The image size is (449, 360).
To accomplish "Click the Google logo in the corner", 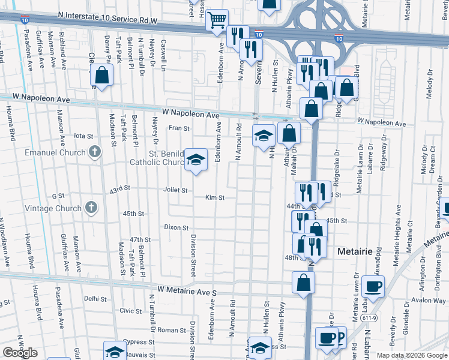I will click(20, 352).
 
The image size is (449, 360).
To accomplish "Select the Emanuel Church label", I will click(56, 152).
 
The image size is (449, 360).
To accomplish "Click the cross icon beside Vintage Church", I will click(91, 208).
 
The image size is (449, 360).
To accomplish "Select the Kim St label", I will click(214, 197).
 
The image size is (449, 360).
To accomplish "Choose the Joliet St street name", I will click(175, 190).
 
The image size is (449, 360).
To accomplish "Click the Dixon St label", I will click(176, 228).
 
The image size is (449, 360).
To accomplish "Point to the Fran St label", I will click(179, 128).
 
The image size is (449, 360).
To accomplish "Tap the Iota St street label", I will click(82, 136).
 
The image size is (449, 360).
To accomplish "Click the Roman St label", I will click(172, 330).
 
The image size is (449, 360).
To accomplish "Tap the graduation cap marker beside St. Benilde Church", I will click(196, 160).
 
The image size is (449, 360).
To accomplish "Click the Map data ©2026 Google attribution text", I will click(411, 355).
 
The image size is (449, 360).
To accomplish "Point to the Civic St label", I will click(130, 311).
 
